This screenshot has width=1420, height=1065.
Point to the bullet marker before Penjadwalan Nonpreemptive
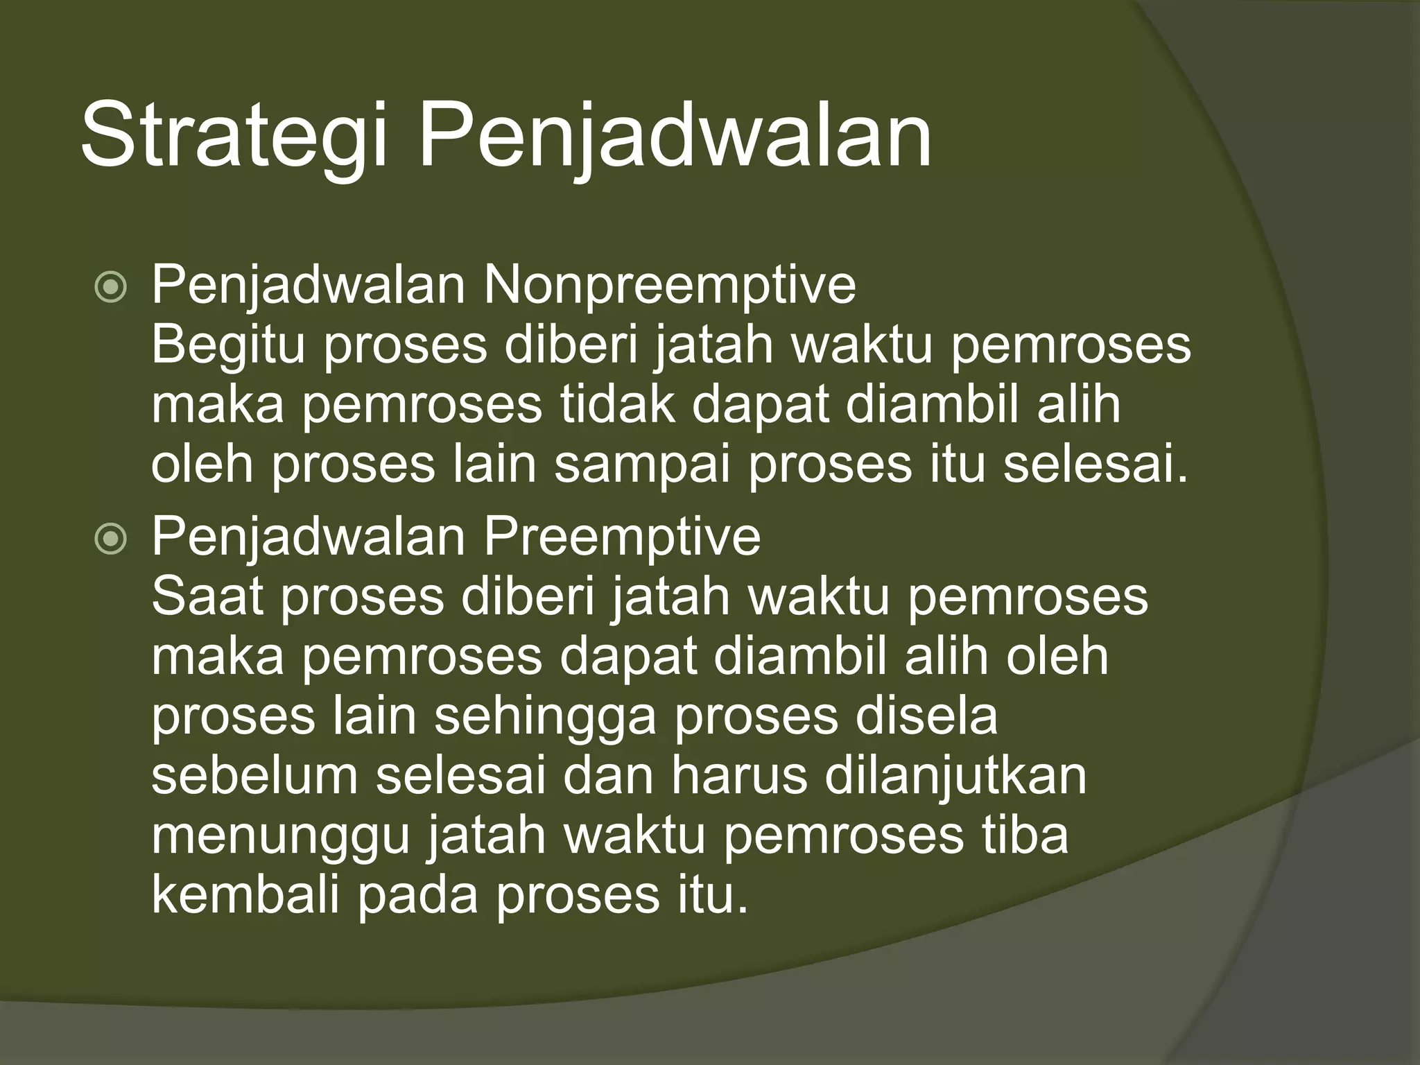111,287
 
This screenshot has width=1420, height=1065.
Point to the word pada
418,895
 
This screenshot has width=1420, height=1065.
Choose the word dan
607,776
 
